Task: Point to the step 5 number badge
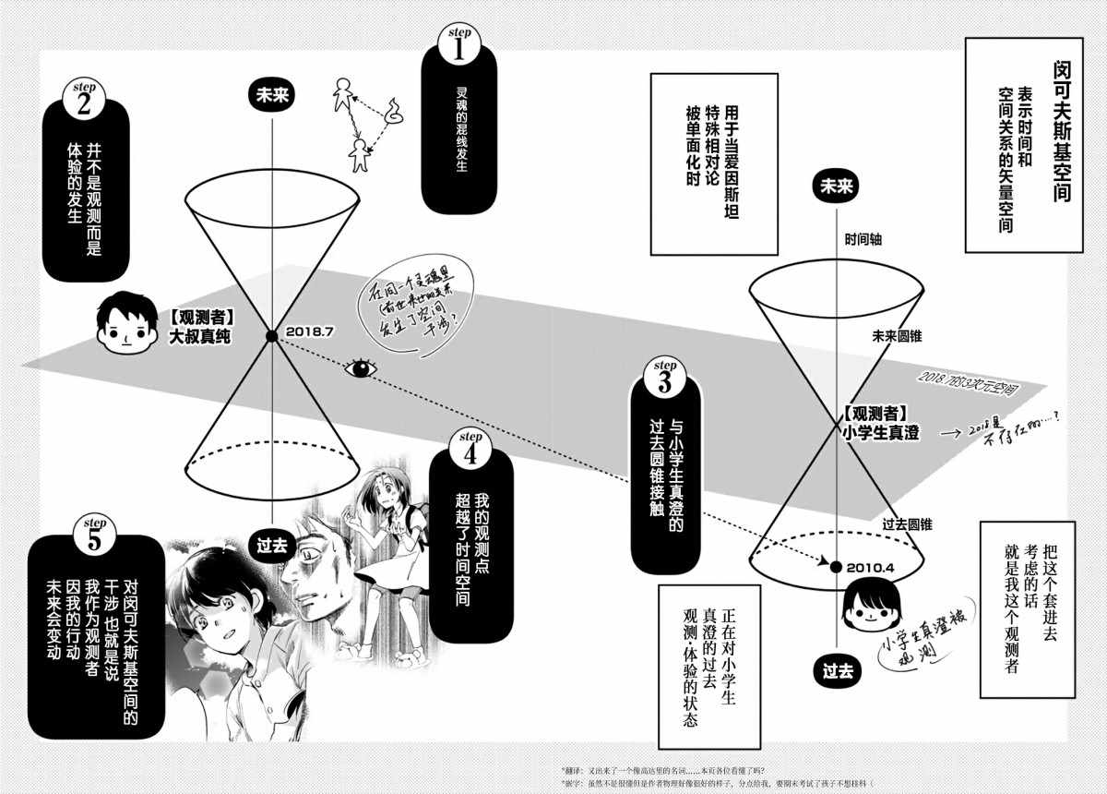(93, 535)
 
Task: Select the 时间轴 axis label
(863, 239)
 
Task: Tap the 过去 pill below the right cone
(838, 671)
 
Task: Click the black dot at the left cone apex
(270, 336)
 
